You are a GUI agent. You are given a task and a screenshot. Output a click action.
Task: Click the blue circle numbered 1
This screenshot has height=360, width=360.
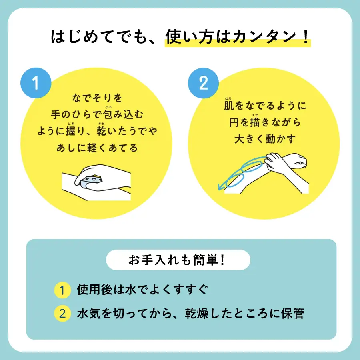pos(36,83)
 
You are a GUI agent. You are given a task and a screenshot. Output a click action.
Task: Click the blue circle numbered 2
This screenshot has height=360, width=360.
pos(203,83)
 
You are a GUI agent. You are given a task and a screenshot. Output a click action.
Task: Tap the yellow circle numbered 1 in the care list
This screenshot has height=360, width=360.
pos(62,290)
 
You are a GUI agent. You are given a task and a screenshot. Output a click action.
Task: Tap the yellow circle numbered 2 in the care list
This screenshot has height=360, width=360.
pos(62,313)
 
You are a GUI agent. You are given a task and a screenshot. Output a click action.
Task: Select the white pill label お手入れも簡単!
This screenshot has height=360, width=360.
pos(178,260)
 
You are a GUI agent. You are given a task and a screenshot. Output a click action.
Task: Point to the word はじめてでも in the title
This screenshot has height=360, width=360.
pos(99,37)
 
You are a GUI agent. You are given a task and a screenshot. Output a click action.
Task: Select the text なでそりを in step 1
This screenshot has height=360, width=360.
pos(97,98)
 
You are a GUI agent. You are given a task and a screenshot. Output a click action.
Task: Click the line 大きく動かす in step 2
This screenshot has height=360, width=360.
pos(265,139)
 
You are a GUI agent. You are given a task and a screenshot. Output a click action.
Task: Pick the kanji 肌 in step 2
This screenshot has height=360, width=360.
pos(229,105)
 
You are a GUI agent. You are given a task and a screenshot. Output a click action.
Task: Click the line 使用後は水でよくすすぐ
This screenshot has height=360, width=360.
pos(142,290)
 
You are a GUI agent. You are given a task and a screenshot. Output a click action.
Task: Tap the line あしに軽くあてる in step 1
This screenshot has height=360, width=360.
pos(97,148)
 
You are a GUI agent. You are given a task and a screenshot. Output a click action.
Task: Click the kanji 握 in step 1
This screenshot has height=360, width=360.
pos(71,131)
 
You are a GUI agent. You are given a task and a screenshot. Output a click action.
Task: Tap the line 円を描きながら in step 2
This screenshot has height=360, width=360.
pos(265,122)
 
